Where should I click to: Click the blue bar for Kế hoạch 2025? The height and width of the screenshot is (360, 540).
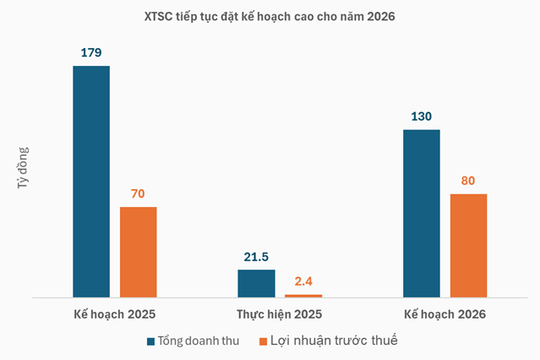[x=91, y=181]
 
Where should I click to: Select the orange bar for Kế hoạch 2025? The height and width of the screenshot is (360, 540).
[x=139, y=252]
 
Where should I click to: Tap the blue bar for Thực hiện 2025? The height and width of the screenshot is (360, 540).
[x=256, y=283]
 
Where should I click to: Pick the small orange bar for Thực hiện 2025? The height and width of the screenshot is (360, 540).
[x=303, y=296]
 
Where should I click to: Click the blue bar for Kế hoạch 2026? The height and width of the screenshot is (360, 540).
[x=422, y=213]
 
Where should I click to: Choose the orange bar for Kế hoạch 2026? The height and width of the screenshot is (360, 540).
[x=468, y=245]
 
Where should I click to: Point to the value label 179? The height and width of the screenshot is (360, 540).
[x=91, y=52]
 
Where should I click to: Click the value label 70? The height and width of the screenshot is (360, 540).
[x=138, y=194]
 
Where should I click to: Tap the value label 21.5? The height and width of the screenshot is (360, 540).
[x=256, y=256]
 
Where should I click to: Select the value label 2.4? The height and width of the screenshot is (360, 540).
[x=303, y=281]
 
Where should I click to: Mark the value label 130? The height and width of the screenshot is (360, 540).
[x=422, y=116]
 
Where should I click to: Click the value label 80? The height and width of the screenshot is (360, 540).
[x=468, y=180]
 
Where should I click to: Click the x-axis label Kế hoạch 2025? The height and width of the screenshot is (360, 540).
[x=115, y=314]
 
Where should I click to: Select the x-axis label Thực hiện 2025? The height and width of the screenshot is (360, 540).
[x=280, y=314]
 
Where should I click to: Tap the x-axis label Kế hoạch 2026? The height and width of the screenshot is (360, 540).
[x=445, y=314]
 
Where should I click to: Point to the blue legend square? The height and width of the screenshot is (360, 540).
[x=151, y=341]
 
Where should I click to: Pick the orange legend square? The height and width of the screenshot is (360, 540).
[x=262, y=341]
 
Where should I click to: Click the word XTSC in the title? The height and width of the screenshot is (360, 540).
[x=165, y=16]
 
